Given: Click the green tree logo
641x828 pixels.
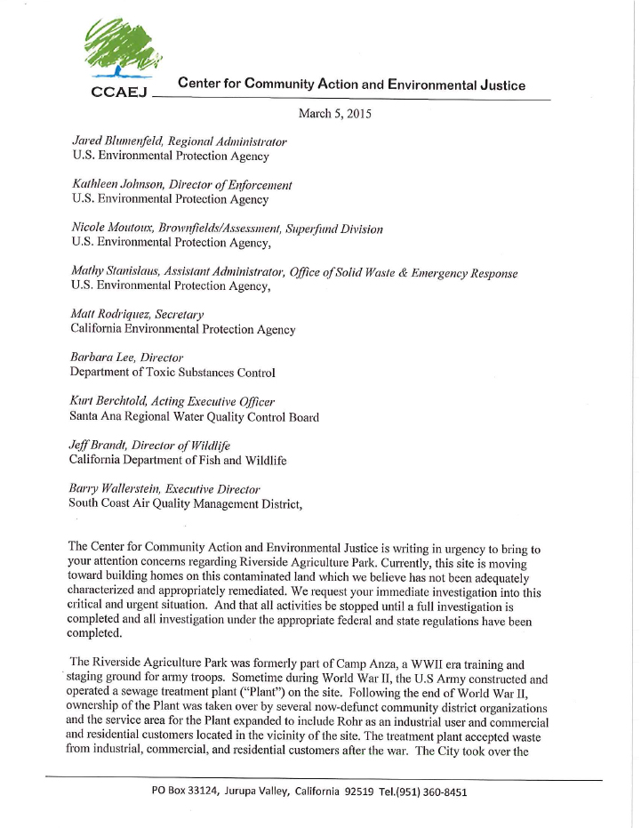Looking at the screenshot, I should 124,51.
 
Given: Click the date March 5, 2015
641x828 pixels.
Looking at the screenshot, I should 334,114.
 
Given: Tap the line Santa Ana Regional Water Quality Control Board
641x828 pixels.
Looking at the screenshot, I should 194,416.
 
